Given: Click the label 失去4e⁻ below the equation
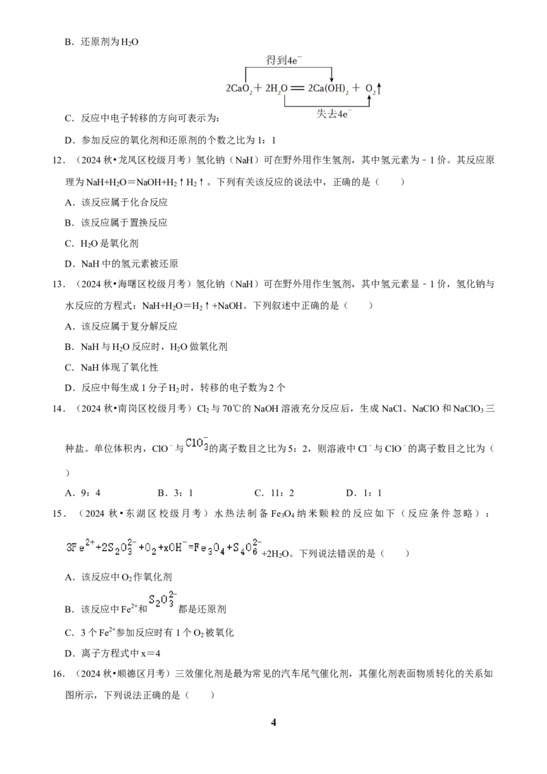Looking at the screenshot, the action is pos(334,114).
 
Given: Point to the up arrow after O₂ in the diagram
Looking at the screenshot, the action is pos(379,88).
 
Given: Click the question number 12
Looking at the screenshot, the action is pos(59,161).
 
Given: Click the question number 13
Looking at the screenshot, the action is pos(59,284).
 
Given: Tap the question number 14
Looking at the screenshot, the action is pos(59,409).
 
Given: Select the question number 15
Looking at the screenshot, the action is pos(59,514).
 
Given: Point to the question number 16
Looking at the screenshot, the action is pos(59,673).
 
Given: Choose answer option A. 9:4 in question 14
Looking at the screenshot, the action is pos(83,492).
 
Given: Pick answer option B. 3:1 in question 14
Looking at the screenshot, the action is pos(175,492).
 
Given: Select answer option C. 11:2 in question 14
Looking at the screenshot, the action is pos(274,492).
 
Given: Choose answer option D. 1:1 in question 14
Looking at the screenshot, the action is pos(364,492).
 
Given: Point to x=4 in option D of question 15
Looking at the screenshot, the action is pos(150,654).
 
